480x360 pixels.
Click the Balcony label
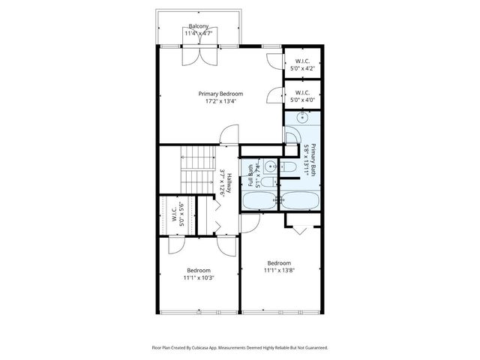(x=199, y=26)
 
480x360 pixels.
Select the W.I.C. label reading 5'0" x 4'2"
(x=303, y=61)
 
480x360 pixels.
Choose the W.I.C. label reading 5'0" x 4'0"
(x=303, y=94)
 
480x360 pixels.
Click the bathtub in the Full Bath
(x=259, y=200)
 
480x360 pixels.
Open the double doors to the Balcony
(x=199, y=54)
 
